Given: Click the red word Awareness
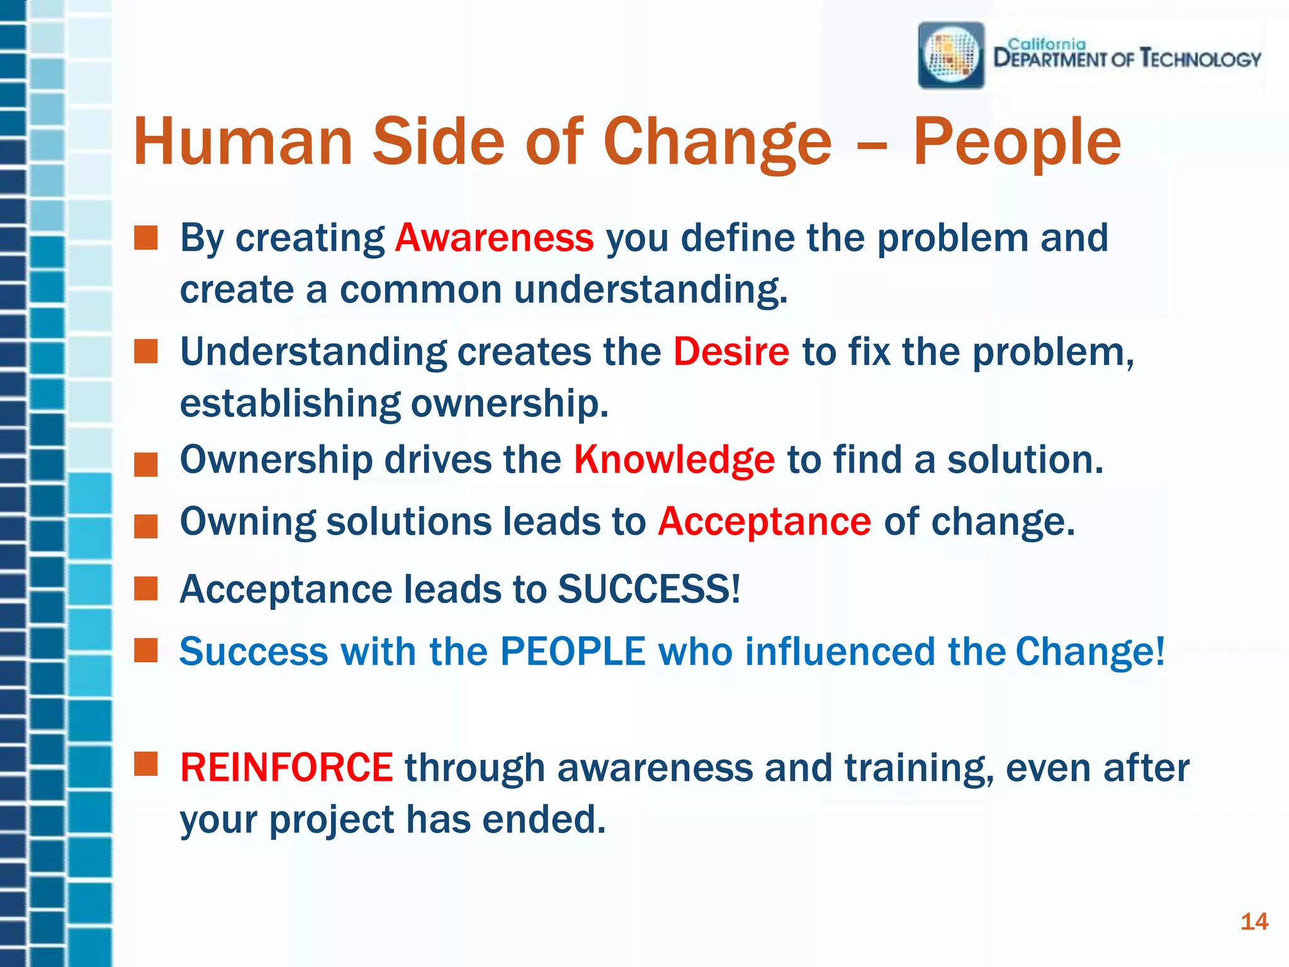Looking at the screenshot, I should click(x=494, y=238).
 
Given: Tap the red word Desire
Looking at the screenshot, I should click(x=731, y=351).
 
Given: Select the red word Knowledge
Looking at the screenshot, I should click(x=673, y=460).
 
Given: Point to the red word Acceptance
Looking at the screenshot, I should click(x=764, y=522).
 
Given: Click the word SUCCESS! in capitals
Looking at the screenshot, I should click(x=649, y=589).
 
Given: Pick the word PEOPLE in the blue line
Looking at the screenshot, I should click(x=573, y=651).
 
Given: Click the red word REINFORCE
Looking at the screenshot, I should click(x=286, y=768).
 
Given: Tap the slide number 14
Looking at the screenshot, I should click(x=1254, y=922).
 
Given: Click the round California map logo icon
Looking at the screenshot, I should click(x=951, y=55).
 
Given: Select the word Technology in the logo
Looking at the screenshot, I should click(x=1201, y=59).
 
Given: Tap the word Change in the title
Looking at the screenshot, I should click(x=717, y=144).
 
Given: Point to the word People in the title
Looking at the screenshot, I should click(x=1016, y=144).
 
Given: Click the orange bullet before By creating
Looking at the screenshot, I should click(x=146, y=239).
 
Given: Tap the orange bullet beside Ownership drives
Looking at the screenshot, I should click(x=146, y=465).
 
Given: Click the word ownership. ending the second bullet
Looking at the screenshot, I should click(x=510, y=403).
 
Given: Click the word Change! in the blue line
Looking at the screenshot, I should click(x=1090, y=651).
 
